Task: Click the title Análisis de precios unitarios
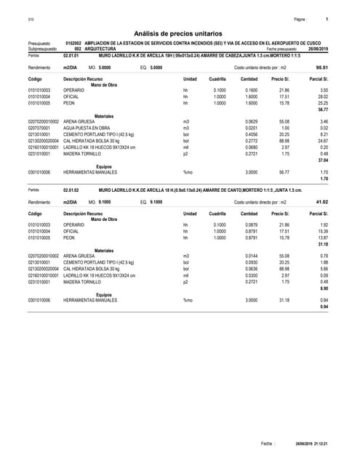180,33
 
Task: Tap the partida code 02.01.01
71,55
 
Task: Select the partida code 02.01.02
71,190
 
